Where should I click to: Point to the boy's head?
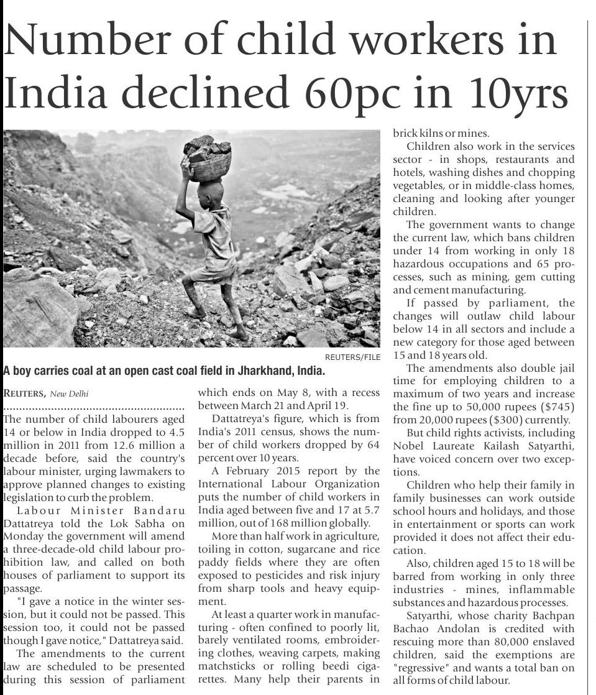(x=207, y=189)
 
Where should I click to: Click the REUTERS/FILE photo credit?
(x=352, y=357)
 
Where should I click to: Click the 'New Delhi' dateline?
(x=70, y=393)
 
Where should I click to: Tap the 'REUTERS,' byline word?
(x=24, y=393)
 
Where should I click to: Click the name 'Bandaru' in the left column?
(x=159, y=511)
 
